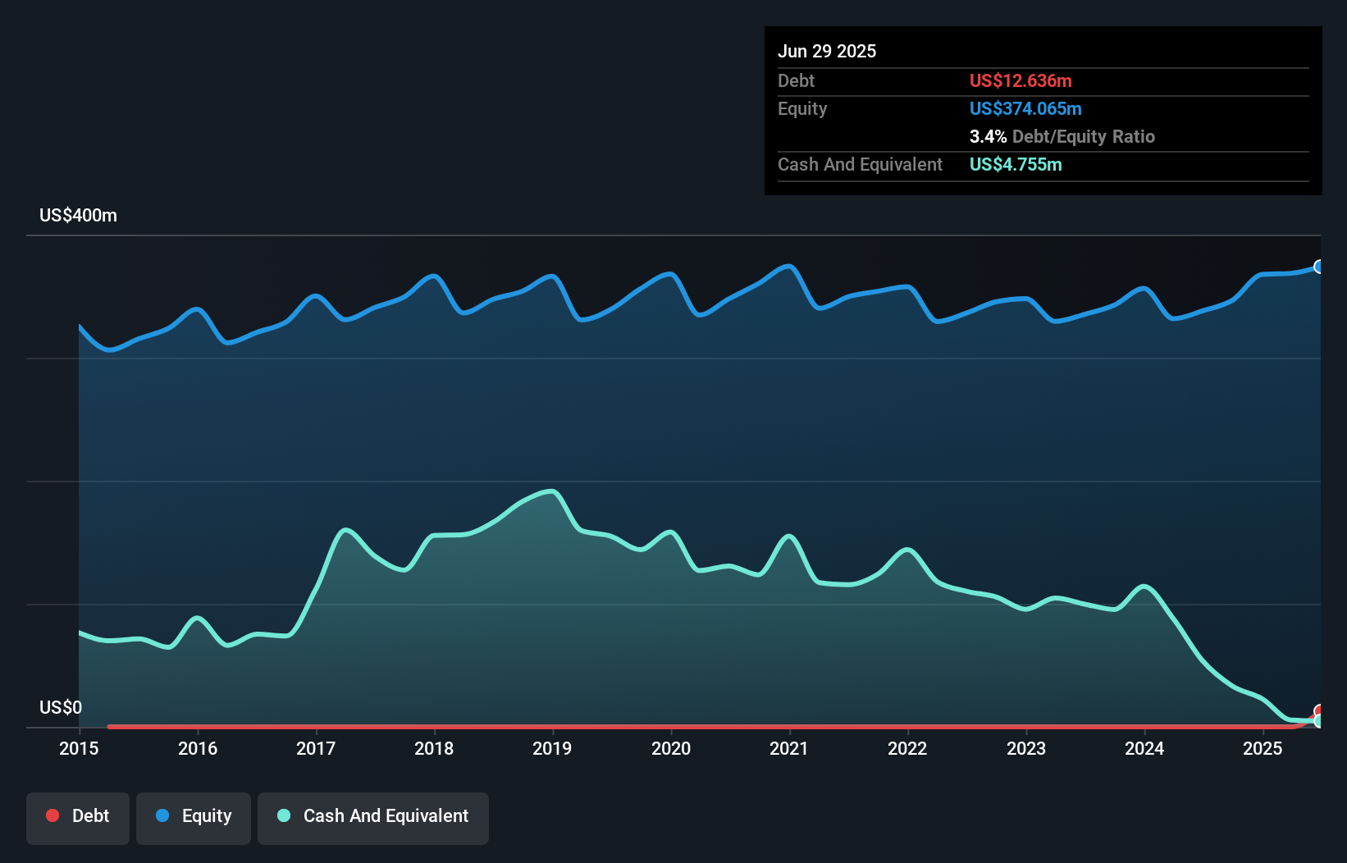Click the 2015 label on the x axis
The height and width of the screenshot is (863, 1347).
click(79, 748)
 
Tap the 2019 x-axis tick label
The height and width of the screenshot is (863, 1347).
click(552, 748)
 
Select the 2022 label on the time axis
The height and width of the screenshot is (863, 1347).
click(907, 748)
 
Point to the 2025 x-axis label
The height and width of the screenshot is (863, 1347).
click(1263, 748)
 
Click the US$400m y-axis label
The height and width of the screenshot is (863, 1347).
click(78, 216)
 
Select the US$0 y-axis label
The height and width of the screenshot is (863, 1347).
click(61, 707)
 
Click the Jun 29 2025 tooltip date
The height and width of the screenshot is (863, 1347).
click(827, 51)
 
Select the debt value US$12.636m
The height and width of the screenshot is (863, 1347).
click(1021, 80)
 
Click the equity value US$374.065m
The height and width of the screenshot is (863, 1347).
click(1025, 108)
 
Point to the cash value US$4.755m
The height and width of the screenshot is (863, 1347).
click(1016, 164)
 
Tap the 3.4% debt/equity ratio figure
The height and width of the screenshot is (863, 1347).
click(988, 136)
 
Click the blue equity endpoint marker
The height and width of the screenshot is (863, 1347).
click(1319, 267)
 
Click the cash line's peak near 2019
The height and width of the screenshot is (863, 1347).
click(552, 491)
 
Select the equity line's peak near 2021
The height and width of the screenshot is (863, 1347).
click(789, 266)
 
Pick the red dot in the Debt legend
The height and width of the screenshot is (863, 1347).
click(53, 815)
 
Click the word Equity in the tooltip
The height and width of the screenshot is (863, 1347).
click(802, 108)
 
